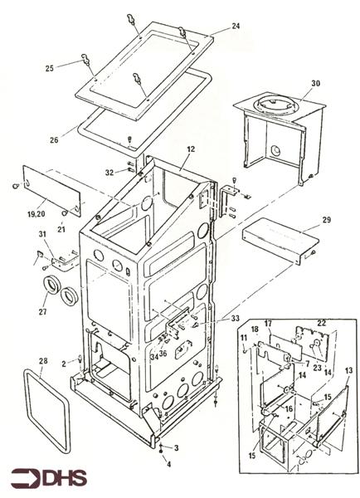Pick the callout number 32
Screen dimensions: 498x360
[109, 172]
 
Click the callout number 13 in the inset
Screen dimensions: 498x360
[348, 369]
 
